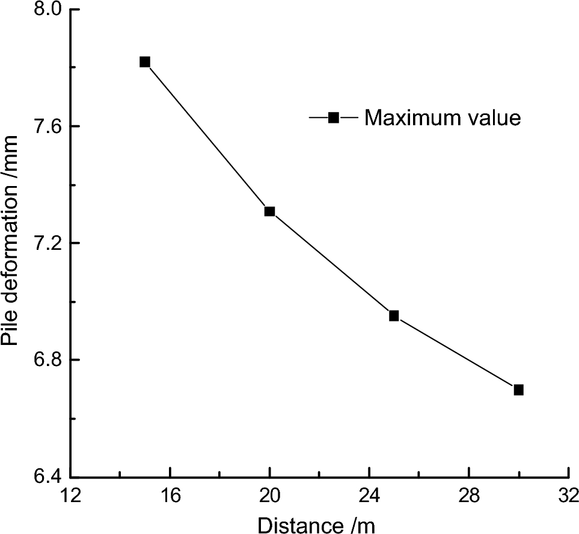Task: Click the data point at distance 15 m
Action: (144, 61)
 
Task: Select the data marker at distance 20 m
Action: (269, 211)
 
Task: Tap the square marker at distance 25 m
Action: (394, 315)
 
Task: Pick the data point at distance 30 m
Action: (518, 390)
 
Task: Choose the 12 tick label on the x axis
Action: (71, 497)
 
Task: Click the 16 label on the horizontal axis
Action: (171, 497)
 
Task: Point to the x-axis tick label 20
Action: (270, 497)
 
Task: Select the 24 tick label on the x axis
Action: (370, 497)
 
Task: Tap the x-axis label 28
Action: (469, 497)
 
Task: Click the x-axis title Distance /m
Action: (316, 524)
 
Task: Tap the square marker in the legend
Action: (334, 118)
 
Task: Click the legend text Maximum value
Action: (443, 118)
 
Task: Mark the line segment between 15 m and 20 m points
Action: (207, 137)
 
